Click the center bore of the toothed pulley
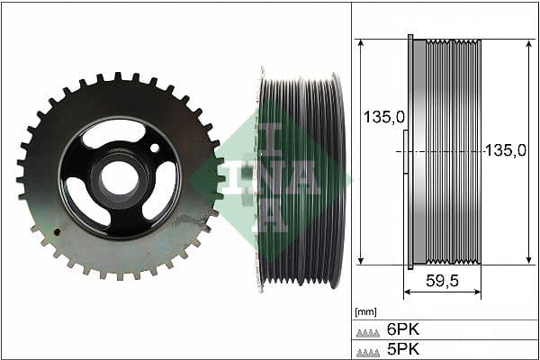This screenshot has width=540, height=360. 118,178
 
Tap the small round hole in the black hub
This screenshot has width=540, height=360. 155,148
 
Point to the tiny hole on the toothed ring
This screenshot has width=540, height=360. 58,231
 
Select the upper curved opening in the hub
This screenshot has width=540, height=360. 113,135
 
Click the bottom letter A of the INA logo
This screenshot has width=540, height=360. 270,217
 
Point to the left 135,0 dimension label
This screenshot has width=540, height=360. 382,117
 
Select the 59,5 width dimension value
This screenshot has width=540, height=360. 442,281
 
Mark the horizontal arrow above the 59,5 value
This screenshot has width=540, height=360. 442,293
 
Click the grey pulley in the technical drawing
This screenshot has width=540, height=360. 444,151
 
